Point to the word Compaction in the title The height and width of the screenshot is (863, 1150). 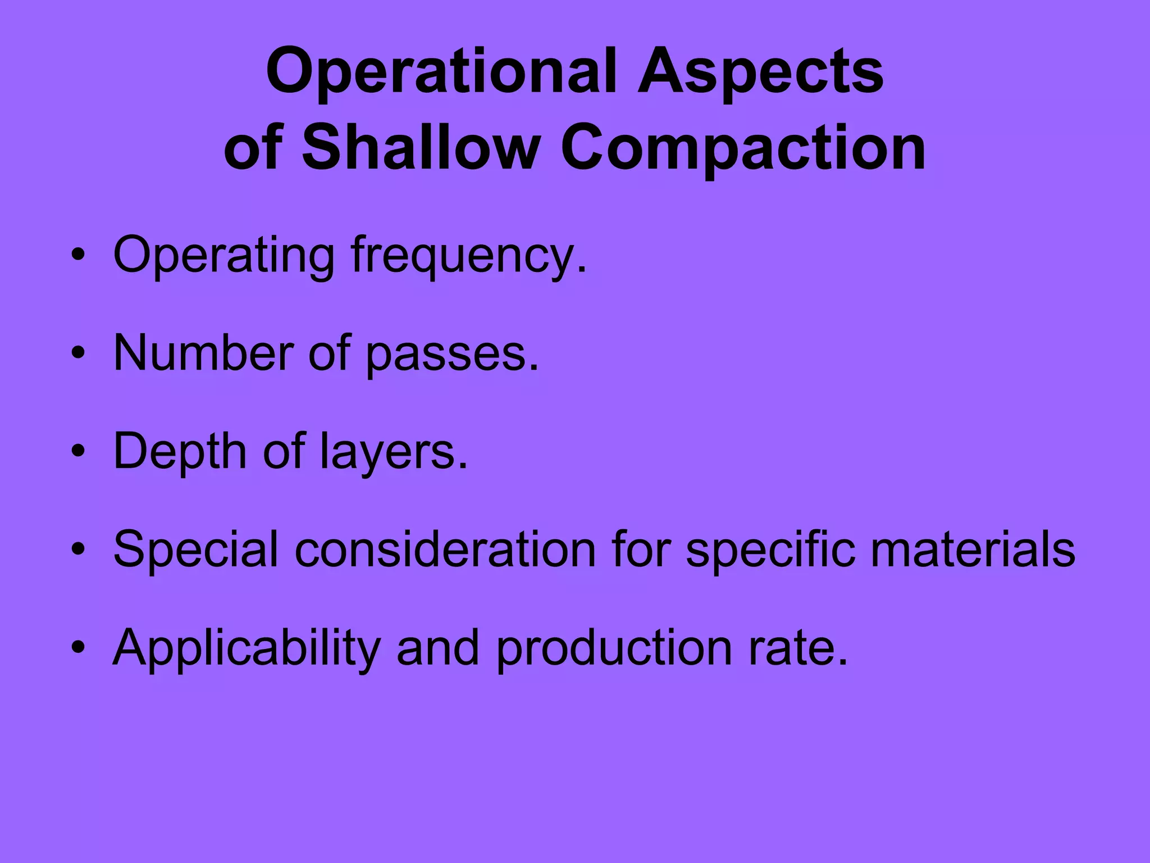pyautogui.click(x=743, y=149)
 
